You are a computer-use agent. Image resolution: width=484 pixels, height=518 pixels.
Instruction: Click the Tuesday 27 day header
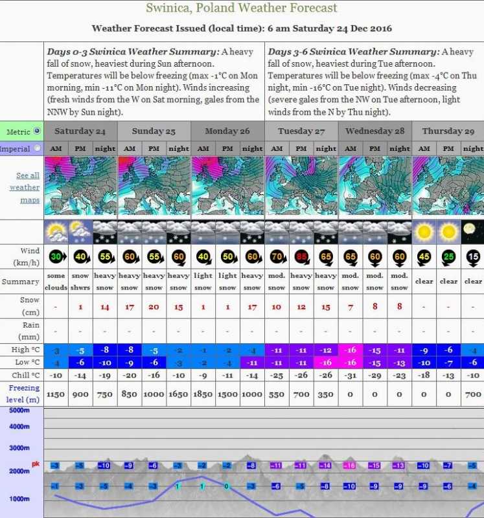[301, 131]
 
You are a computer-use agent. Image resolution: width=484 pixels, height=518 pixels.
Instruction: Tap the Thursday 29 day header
[448, 131]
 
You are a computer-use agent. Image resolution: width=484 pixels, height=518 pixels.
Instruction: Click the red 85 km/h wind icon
[301, 257]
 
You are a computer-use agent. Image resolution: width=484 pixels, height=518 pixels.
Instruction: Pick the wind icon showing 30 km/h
[56, 257]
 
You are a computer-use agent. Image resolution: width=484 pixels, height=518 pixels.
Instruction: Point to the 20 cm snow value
[154, 306]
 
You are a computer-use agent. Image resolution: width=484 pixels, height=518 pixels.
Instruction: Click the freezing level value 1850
[203, 394]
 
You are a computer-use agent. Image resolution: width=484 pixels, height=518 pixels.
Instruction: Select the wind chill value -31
[351, 375]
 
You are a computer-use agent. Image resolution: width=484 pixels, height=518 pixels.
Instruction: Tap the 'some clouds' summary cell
[56, 282]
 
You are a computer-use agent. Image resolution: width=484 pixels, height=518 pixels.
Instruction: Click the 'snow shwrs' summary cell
[80, 282]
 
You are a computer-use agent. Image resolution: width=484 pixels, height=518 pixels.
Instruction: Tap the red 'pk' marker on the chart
[36, 464]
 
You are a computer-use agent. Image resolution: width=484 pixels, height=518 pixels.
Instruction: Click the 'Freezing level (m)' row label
[24, 394]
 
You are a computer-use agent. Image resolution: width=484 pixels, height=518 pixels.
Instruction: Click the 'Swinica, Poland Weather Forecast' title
[242, 8]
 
